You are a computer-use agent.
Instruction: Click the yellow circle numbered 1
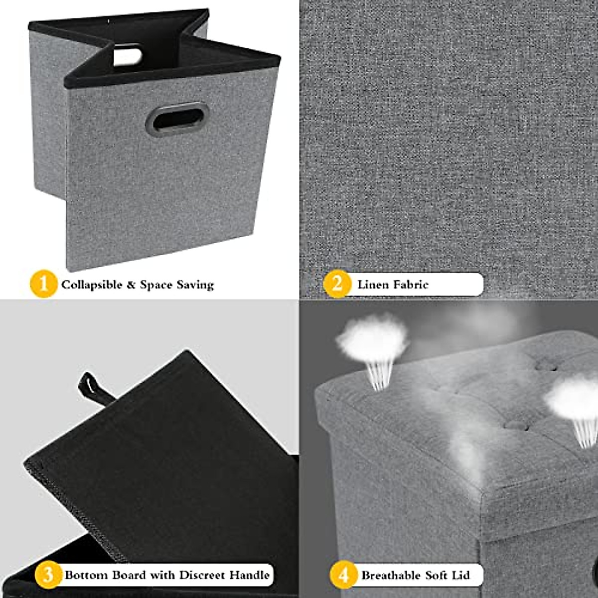(44, 284)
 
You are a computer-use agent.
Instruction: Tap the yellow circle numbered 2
(337, 284)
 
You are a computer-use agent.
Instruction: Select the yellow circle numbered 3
(48, 575)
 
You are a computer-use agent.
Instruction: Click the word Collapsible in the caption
(92, 285)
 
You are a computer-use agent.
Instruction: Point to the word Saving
(195, 285)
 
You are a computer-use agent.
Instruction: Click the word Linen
(372, 285)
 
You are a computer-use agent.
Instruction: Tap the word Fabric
(410, 285)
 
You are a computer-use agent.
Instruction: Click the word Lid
(460, 576)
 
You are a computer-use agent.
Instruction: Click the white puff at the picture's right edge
(573, 399)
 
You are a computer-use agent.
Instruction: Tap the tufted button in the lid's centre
(517, 425)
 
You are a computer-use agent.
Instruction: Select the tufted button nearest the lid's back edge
(546, 366)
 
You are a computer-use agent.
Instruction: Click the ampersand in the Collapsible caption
(131, 285)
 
